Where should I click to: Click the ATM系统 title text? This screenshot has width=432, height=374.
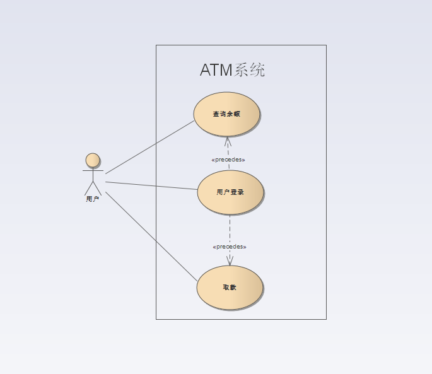[x=232, y=70]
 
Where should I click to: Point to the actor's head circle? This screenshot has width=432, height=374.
[x=93, y=160]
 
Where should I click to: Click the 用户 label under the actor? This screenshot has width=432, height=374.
[x=93, y=199]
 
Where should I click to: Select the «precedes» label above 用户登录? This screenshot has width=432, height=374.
[x=228, y=160]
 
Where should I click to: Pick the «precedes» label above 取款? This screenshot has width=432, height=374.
[x=230, y=247]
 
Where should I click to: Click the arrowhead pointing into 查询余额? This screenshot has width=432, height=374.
[x=228, y=141]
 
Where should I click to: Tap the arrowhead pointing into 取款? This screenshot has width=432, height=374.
[x=230, y=260]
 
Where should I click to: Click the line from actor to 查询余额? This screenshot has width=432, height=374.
[x=150, y=147]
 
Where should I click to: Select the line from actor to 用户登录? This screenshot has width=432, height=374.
[x=151, y=185]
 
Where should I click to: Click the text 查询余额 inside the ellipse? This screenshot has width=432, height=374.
[x=226, y=114]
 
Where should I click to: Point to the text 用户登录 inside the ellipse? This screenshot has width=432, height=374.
[x=230, y=192]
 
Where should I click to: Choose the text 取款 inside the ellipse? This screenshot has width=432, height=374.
[x=230, y=288]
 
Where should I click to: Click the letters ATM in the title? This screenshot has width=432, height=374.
[x=216, y=70]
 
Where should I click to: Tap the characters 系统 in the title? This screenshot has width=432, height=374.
[x=250, y=70]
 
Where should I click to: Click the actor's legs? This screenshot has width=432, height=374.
[x=93, y=188]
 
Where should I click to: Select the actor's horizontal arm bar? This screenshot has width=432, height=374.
[x=93, y=170]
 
